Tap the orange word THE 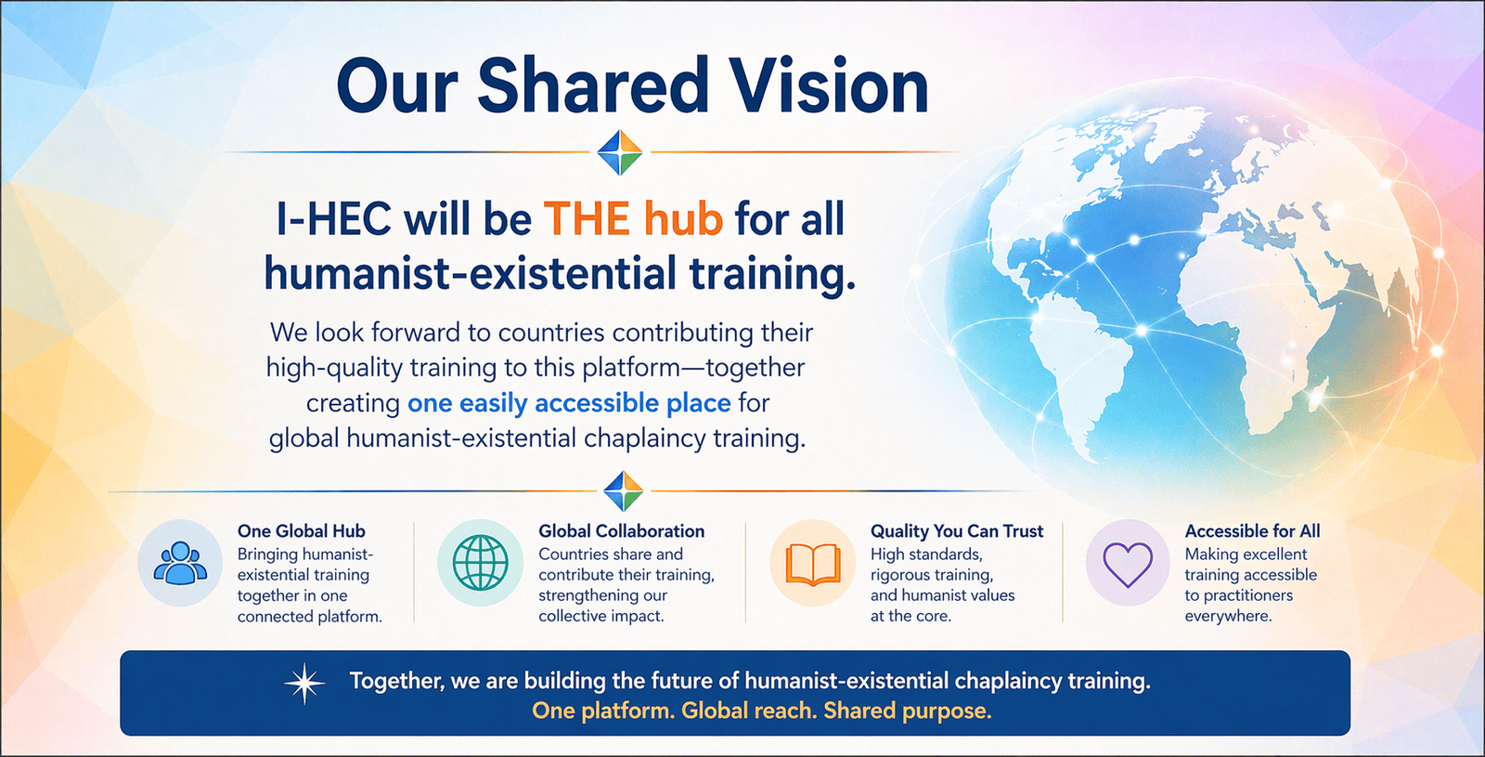tap(587, 219)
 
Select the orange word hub tap(683, 219)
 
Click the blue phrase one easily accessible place tap(569, 403)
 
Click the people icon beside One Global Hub tap(180, 563)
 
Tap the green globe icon tap(480, 563)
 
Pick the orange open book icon tap(813, 564)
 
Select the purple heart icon tap(1127, 564)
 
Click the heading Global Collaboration tap(621, 530)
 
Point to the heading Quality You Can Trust tap(957, 530)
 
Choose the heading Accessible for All tap(1252, 530)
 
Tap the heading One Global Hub tap(301, 530)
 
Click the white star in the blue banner tap(304, 684)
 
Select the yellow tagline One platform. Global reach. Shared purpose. tap(762, 711)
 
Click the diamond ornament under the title tap(620, 152)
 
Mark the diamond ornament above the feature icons tap(624, 491)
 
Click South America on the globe tap(1087, 378)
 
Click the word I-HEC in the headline tap(333, 219)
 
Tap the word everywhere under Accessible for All tap(1228, 617)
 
